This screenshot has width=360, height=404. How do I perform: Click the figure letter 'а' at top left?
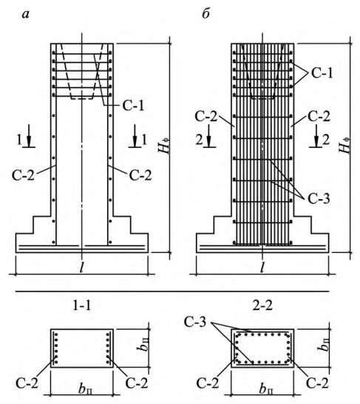pyautogui.click(x=26, y=16)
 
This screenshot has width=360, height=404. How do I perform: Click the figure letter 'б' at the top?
pyautogui.click(x=206, y=14)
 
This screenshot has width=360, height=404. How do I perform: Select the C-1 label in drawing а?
pyautogui.click(x=133, y=105)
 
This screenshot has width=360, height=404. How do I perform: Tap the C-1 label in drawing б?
pyautogui.click(x=322, y=73)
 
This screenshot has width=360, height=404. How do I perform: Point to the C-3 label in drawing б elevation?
pyautogui.click(x=319, y=199)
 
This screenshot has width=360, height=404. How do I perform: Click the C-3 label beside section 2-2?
pyautogui.click(x=195, y=322)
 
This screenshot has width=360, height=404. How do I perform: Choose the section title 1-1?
pyautogui.click(x=82, y=306)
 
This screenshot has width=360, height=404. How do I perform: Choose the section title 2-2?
pyautogui.click(x=262, y=306)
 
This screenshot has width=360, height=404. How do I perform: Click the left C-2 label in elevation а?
pyautogui.click(x=23, y=175)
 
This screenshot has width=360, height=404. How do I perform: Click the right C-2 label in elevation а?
pyautogui.click(x=140, y=175)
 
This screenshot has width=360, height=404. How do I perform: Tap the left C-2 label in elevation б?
pyautogui.click(x=206, y=116)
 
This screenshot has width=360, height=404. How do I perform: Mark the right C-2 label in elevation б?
pyautogui.click(x=319, y=116)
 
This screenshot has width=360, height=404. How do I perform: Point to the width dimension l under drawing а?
pyautogui.click(x=81, y=268)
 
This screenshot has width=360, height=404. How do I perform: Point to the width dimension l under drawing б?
pyautogui.click(x=262, y=268)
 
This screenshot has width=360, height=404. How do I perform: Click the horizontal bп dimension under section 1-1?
pyautogui.click(x=86, y=389)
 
